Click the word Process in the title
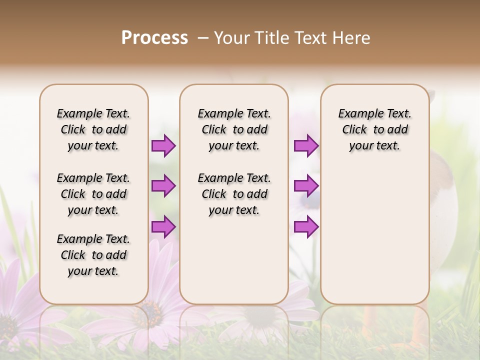154,38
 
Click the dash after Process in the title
203,38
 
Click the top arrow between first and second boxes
163,145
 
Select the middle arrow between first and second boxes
163,186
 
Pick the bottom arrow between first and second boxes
163,227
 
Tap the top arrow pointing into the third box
306,145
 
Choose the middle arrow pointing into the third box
306,186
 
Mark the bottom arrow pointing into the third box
306,227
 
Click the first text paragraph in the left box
93,129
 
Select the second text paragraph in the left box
93,194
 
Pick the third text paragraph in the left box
93,255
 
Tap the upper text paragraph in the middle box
234,129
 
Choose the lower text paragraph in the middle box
234,194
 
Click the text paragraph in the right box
374,129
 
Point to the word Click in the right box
354,129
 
